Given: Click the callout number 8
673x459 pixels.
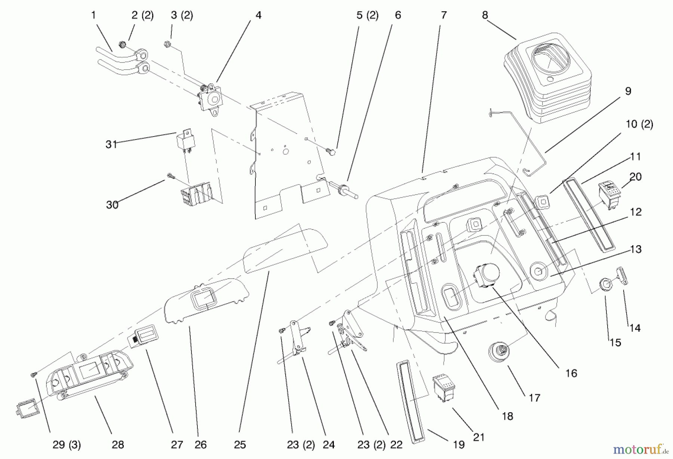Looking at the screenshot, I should [485, 15].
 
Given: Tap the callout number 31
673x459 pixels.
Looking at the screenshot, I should [111, 145].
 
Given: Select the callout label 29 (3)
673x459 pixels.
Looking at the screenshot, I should [67, 445].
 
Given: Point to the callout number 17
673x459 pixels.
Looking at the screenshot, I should [534, 398].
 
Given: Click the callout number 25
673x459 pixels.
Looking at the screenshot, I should [240, 445].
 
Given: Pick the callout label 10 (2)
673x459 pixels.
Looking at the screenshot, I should [639, 124].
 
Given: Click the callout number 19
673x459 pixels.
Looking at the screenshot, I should [459, 445].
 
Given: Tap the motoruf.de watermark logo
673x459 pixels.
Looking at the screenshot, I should [637, 449].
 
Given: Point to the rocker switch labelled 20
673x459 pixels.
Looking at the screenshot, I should [610, 193].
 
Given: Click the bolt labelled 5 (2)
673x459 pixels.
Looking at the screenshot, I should [331, 152].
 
